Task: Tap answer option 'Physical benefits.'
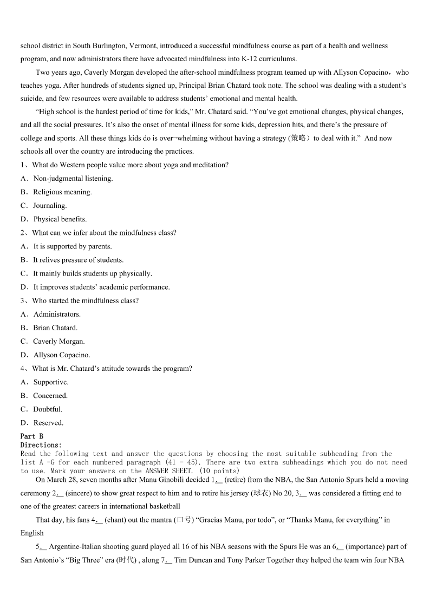[60, 219]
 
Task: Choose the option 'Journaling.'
[50, 206]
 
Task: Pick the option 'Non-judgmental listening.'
[73, 179]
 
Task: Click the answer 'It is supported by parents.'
[73, 246]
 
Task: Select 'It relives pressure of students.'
[78, 260]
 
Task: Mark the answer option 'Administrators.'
[57, 315]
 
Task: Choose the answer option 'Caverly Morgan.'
[58, 342]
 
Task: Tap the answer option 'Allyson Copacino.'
[62, 355]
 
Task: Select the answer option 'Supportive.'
[51, 382]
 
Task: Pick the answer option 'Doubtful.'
[48, 409]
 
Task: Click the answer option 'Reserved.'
[48, 423]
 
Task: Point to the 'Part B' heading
[32, 436]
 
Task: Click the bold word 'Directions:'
[41, 445]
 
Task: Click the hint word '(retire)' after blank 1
[236, 480]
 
